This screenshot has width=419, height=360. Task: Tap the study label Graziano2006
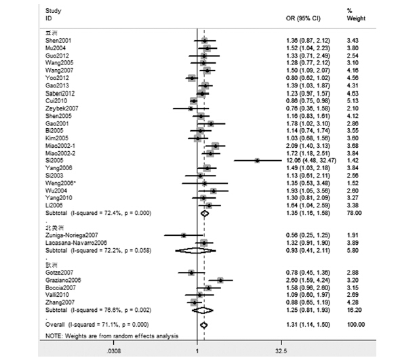pos(59,279)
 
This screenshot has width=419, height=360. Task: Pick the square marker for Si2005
pos(257,160)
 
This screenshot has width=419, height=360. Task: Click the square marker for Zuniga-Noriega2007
pos(184,235)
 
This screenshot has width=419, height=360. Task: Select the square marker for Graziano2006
pos(220,279)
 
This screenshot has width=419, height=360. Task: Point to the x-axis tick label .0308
pos(115,351)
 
